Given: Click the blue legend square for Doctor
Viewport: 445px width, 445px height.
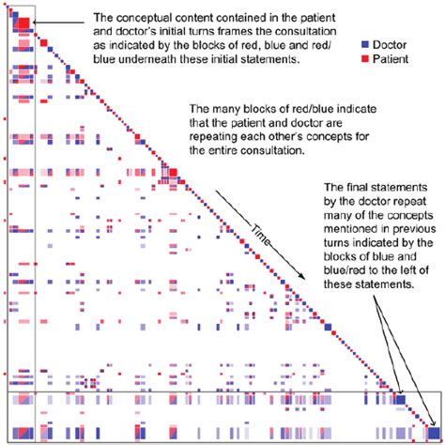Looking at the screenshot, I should (x=362, y=44).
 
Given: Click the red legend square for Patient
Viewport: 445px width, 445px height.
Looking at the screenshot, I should (x=362, y=58).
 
